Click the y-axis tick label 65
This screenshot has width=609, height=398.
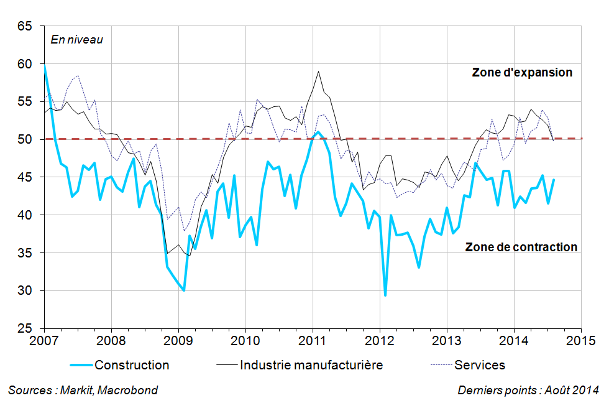25,26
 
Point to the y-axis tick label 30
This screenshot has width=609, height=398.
25,290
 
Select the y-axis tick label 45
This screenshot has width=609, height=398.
25,177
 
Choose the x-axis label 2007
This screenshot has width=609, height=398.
43,341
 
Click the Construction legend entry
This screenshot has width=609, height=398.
132,365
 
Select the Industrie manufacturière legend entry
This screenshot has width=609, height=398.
311,365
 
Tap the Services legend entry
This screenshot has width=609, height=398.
480,365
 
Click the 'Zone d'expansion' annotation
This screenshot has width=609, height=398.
522,72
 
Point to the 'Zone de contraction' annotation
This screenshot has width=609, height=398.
521,247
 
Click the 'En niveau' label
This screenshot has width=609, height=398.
76,40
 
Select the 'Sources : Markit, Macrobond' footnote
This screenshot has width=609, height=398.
83,390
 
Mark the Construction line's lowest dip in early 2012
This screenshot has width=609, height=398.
385,295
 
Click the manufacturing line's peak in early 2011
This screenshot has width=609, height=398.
318,72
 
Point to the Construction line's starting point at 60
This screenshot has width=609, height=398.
44,65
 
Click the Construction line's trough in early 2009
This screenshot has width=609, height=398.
184,290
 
